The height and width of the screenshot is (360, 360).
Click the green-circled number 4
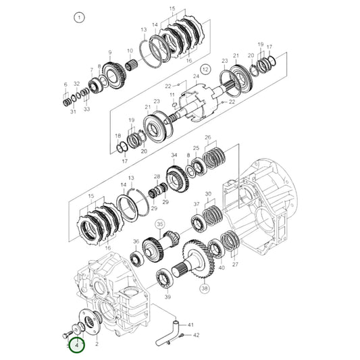pos(77,344)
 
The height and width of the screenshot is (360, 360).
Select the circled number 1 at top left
pos(80,18)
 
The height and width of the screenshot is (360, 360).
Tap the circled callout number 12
pos(205,69)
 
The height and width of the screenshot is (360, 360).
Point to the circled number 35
pos(159,224)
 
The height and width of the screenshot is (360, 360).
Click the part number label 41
pos(190,325)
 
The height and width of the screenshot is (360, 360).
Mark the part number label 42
pos(197,335)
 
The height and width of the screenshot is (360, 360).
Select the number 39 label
pos(168,297)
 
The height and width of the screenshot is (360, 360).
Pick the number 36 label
pos(136,241)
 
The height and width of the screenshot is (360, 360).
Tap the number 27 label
pos(236,265)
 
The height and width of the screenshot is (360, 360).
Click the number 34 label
pos(174,156)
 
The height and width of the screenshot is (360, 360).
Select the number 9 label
pos(109,52)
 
